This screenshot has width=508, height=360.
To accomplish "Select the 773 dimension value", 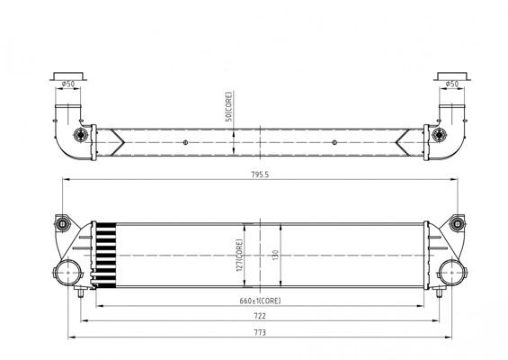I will [260, 332].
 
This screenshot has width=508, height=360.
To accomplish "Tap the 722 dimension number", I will [260, 317].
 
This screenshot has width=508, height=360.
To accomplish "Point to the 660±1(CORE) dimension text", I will [260, 301].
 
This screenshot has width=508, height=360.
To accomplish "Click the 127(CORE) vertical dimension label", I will [238, 255].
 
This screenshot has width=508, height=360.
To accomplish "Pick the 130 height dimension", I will [273, 256].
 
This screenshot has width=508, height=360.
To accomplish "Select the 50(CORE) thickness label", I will [229, 107].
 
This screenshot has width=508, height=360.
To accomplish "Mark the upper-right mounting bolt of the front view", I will [457, 222].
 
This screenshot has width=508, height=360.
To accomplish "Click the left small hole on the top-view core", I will [185, 142].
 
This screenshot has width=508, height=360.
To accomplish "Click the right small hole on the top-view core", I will [334, 142].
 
